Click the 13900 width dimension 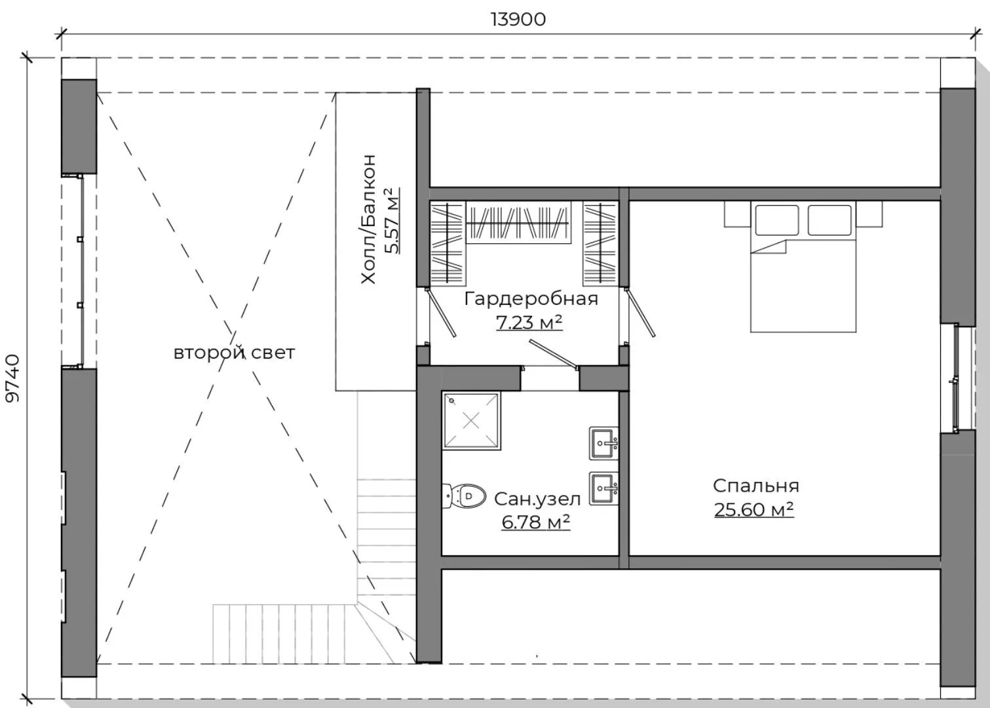click(x=518, y=20)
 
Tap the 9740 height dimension click(x=12, y=378)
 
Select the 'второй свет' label click(x=234, y=353)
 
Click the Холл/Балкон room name click(x=368, y=219)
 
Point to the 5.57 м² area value click(x=392, y=221)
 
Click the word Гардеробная click(x=531, y=299)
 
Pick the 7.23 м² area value click(x=529, y=323)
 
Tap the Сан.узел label click(x=537, y=499)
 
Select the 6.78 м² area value click(x=536, y=522)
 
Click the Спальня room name click(x=755, y=486)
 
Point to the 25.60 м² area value click(x=754, y=509)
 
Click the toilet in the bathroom click(x=464, y=496)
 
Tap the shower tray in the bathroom click(x=472, y=421)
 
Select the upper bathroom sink click(x=603, y=443)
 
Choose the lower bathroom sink click(x=603, y=488)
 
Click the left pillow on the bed click(x=776, y=220)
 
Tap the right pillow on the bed click(x=829, y=220)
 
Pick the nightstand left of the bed click(x=737, y=214)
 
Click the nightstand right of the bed click(x=869, y=214)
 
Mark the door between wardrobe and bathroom click(x=554, y=354)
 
